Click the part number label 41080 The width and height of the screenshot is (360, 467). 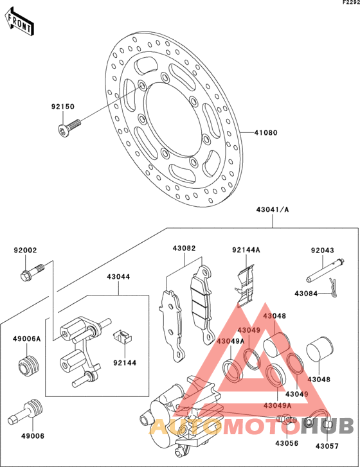265,133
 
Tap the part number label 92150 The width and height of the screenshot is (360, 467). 63,107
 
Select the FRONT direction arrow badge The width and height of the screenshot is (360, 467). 21,22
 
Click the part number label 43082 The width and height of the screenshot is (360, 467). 184,248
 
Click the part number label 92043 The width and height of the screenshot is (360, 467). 323,251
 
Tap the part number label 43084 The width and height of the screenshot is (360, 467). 307,293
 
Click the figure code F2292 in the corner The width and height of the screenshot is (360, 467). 347,4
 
